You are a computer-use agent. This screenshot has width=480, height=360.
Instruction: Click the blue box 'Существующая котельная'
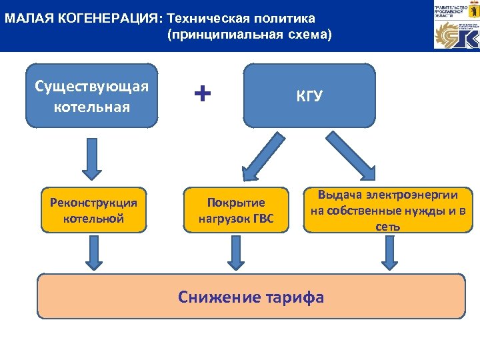pyautogui.click(x=92, y=95)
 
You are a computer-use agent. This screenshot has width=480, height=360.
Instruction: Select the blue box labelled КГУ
pyautogui.click(x=309, y=95)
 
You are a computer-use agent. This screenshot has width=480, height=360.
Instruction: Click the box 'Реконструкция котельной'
pyautogui.click(x=93, y=210)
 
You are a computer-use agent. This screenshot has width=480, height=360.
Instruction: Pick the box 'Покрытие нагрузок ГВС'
pyautogui.click(x=236, y=210)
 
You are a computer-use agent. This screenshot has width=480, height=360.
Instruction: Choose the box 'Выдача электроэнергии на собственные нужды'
pyautogui.click(x=387, y=210)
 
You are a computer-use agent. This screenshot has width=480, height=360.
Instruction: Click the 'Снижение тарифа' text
pyautogui.click(x=251, y=297)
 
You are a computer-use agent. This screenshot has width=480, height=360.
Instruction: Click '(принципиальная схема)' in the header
pyautogui.click(x=249, y=34)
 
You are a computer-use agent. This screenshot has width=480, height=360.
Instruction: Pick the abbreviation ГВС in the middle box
pyautogui.click(x=261, y=219)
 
